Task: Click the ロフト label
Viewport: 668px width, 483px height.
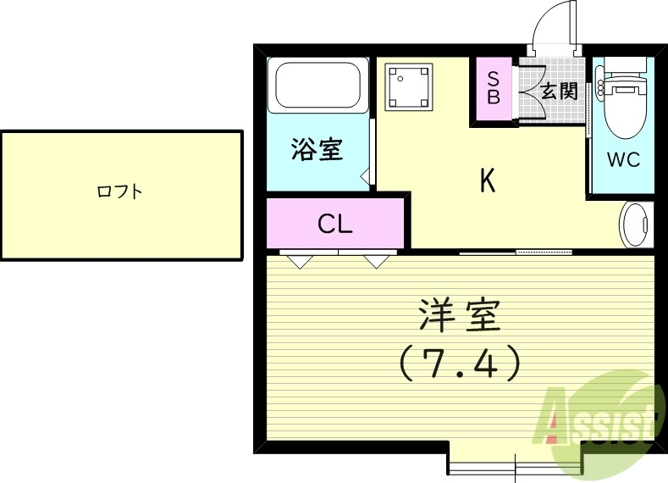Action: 119,192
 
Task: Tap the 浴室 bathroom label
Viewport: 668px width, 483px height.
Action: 317,150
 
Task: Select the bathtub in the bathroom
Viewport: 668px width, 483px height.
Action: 317,86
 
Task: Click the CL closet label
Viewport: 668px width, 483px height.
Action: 335,224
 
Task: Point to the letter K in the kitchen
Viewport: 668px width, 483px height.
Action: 488,180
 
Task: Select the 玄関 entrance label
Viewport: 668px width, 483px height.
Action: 560,91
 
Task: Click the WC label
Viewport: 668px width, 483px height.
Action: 623,159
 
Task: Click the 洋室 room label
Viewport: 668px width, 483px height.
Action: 460,316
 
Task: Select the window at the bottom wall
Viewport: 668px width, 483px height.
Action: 514,465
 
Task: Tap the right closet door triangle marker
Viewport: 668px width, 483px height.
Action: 374,260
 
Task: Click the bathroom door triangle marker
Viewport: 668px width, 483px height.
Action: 366,178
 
